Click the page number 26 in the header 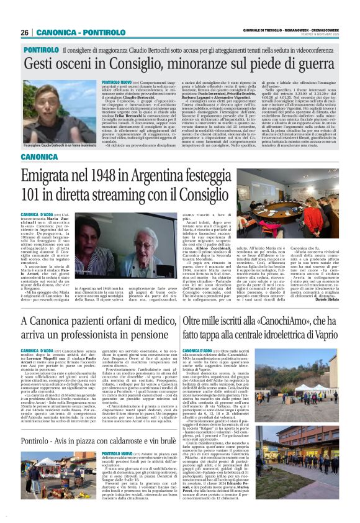click(24, 32)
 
